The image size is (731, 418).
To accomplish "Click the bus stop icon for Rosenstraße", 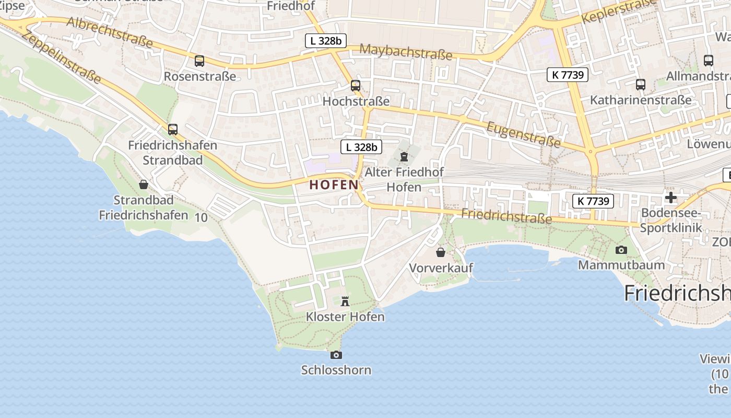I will point(199,61).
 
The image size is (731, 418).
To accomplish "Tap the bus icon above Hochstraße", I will point(356,85).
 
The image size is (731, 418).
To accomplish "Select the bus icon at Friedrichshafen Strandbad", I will point(173,129).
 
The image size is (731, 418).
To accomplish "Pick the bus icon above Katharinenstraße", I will point(641,84).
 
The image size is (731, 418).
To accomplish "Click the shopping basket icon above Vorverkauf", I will point(441,253).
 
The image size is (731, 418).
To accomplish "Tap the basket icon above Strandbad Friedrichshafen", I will point(144,184).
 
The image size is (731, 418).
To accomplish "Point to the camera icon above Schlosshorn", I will point(336,355).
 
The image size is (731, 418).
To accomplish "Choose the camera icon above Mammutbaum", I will point(621,250).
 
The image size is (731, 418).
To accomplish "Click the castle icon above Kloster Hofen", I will point(345,301).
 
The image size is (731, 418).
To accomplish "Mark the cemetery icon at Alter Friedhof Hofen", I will point(404,156).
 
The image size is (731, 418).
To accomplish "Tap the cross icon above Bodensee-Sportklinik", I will point(671,198).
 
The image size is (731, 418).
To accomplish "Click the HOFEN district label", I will point(334,185).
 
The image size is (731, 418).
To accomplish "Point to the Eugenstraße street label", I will point(523,134).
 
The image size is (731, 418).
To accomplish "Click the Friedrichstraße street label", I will point(506,215).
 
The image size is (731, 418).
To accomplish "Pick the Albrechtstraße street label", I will point(110,32).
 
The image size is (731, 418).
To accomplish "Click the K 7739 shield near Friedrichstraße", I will point(593,201).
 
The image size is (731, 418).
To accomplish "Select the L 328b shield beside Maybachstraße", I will point(326,41).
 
